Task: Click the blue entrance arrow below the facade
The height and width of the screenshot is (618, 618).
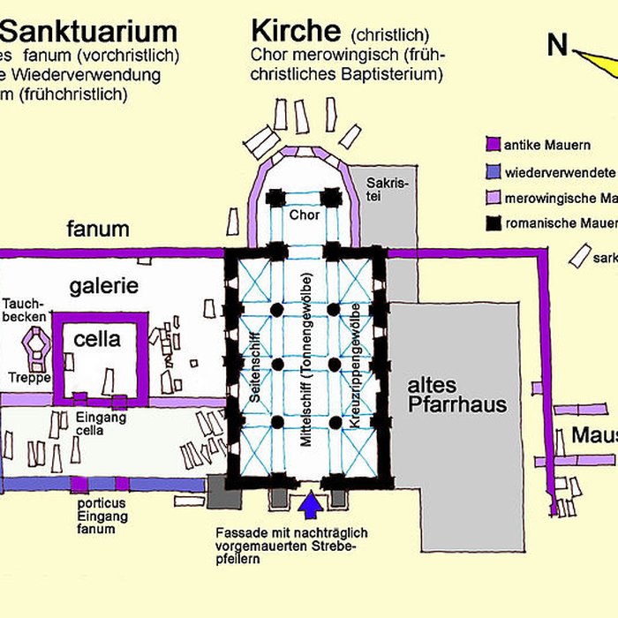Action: pos(309,506)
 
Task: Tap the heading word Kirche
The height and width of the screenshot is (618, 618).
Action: pos(296,31)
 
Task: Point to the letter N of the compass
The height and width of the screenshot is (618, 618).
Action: pos(556,45)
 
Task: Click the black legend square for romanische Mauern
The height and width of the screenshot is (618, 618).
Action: pos(494,224)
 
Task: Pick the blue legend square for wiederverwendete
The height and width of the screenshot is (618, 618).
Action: pos(494,171)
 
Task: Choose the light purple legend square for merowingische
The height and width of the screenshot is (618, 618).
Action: pos(494,198)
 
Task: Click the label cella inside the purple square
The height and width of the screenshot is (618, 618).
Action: pos(97,339)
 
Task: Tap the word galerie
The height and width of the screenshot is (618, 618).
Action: pos(104,285)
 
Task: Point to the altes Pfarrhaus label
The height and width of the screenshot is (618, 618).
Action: pos(456,396)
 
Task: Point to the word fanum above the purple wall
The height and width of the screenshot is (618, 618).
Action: pos(98,230)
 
